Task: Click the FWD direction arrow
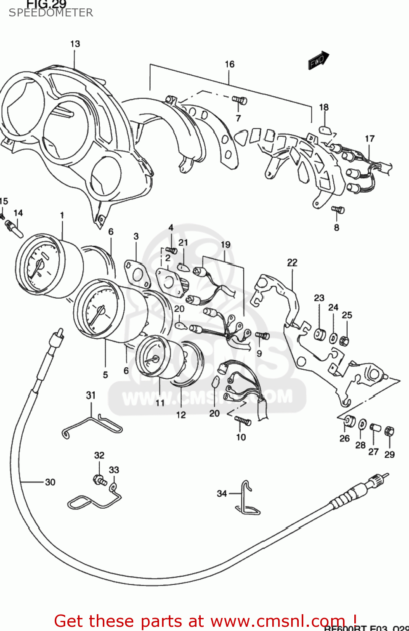[x=319, y=60]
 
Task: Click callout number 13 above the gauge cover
[x=75, y=44]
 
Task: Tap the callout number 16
[x=229, y=64]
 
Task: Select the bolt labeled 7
[x=239, y=100]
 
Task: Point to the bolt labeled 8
[x=337, y=209]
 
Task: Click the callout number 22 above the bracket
[x=292, y=262]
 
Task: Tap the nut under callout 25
[x=344, y=340]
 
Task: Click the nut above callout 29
[x=389, y=431]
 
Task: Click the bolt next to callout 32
[x=100, y=480]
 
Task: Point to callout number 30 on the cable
[x=50, y=482]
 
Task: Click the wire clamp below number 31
[x=93, y=425]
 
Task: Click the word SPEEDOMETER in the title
[x=51, y=13]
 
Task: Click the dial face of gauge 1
[x=38, y=265]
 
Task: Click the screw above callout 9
[x=263, y=336]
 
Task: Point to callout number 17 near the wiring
[x=369, y=138]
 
